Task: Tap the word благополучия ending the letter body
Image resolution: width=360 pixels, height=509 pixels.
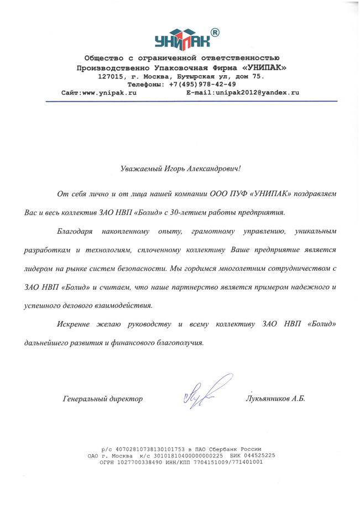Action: click(x=180, y=342)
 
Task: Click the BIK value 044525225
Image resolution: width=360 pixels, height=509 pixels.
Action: click(x=256, y=455)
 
